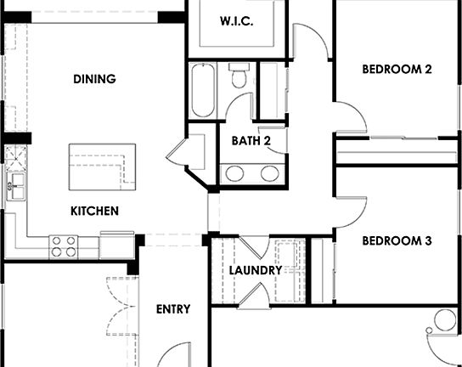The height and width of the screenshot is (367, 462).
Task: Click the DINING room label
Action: [94, 79]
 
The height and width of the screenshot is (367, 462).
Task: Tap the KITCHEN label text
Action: [94, 211]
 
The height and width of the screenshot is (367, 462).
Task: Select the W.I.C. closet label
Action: [236, 21]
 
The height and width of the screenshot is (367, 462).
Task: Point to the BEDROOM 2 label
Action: [397, 70]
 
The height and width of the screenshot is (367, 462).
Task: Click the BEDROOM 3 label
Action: [397, 241]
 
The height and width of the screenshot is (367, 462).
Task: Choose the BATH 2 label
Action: [251, 141]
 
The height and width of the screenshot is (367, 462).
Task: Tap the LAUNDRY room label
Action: [256, 270]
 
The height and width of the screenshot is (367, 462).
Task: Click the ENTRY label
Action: [173, 309]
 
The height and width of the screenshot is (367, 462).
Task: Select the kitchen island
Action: [103, 166]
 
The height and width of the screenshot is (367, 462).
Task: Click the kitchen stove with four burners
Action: [64, 246]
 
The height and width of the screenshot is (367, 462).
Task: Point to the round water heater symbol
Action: [446, 320]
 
